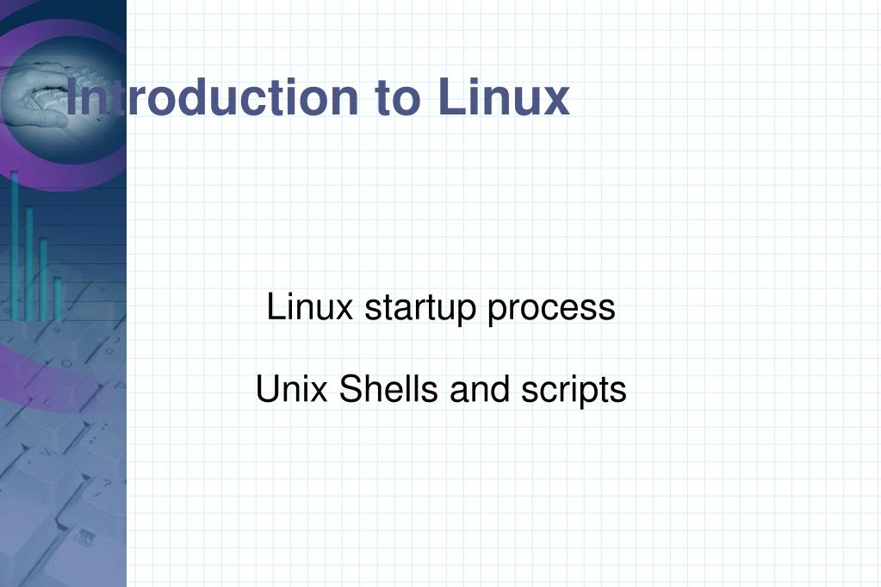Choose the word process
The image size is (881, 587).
coord(551,308)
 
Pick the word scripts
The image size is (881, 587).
coord(574,391)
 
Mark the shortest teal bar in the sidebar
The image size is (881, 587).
coord(58,297)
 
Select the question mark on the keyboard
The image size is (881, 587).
coord(109,484)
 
